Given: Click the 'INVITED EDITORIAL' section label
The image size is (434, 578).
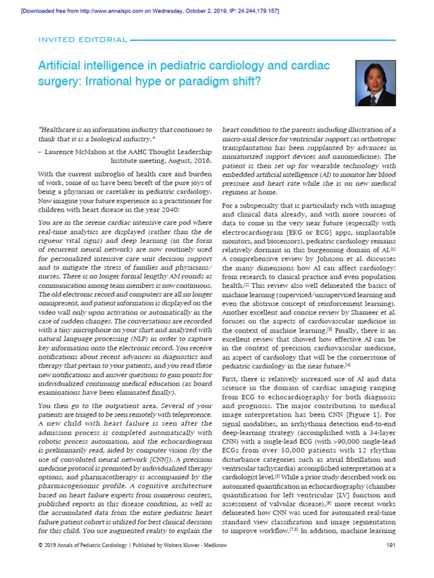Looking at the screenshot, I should point(83,40).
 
